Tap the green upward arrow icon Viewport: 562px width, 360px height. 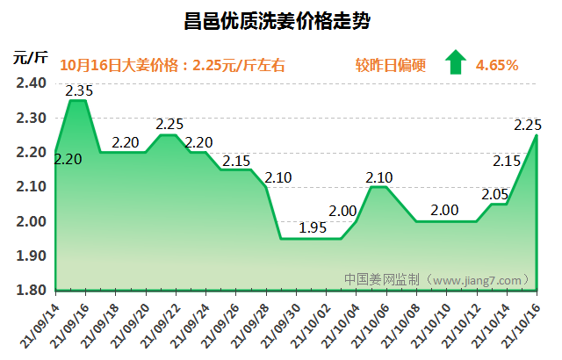tap(455, 63)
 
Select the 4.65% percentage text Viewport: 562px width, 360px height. tap(496, 65)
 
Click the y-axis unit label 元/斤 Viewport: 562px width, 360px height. tap(30, 58)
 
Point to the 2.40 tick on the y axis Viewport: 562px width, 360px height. tap(31, 83)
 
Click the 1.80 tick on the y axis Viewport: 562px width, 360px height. tap(31, 290)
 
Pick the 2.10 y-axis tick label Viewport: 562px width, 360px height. tap(31, 186)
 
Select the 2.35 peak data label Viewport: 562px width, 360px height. tap(79, 90)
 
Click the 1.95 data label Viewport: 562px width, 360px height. tap(313, 227)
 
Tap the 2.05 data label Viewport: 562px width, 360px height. tap(495, 193)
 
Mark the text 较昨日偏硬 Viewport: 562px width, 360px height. tap(390, 65)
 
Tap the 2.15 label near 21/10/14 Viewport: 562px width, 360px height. tap(508, 161)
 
